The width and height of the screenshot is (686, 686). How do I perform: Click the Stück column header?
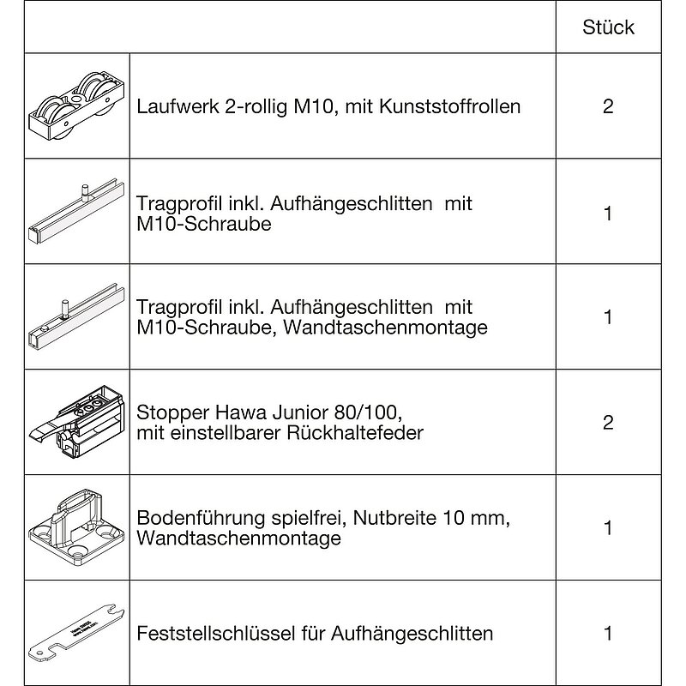pos(608,27)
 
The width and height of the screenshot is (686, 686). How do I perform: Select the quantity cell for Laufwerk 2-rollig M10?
pos(608,107)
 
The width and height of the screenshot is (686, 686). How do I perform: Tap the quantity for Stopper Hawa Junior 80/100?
pos(608,423)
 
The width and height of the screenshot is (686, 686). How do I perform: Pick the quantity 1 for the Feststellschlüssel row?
pos(608,634)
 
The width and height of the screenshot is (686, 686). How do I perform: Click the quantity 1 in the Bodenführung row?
pos(608,528)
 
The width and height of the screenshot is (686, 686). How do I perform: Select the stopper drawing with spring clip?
pos(75,419)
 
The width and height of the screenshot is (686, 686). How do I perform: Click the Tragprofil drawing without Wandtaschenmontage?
pos(75,213)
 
